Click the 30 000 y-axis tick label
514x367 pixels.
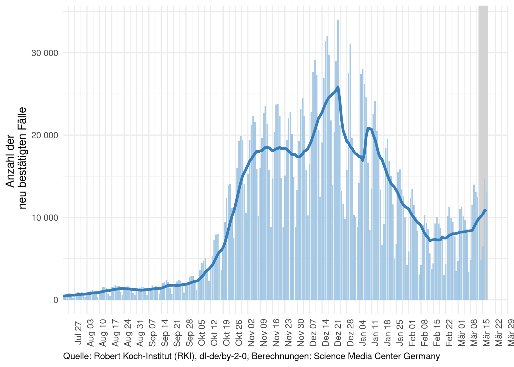[45, 53]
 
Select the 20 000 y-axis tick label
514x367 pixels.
[45, 135]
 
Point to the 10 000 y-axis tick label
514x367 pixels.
[45, 218]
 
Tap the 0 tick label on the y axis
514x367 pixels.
[56, 300]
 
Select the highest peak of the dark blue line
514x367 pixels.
[338, 87]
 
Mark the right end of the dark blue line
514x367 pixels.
[486, 210]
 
